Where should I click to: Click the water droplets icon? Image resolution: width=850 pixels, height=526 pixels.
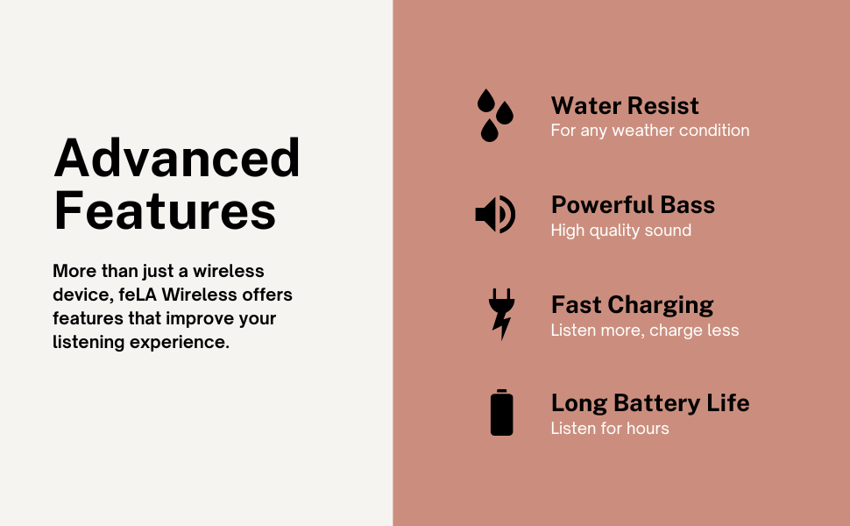(x=494, y=115)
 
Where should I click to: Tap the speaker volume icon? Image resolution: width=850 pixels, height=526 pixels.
(x=495, y=214)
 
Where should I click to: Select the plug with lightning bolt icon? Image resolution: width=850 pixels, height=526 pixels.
(x=501, y=314)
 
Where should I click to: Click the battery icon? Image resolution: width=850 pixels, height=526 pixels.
(x=501, y=412)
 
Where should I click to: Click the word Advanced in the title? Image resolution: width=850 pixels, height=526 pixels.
(x=177, y=158)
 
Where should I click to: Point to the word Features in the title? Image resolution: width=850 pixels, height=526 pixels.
(x=165, y=210)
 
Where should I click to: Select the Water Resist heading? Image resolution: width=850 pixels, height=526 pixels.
(x=625, y=106)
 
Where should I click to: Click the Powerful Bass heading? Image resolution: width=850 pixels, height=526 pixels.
(x=633, y=205)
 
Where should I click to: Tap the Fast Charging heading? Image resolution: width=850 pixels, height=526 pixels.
(x=632, y=305)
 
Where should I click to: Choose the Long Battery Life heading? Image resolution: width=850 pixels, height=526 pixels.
(x=650, y=403)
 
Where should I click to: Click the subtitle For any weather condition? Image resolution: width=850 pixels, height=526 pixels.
(x=650, y=131)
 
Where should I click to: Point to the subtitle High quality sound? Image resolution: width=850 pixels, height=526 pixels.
(x=620, y=231)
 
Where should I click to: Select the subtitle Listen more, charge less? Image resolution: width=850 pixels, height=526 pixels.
(x=645, y=331)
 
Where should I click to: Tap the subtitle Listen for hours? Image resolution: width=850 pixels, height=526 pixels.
(x=610, y=429)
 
